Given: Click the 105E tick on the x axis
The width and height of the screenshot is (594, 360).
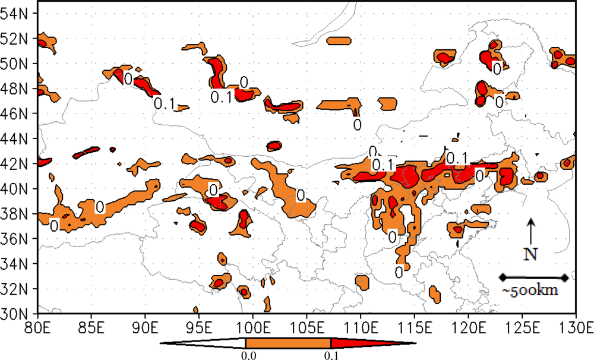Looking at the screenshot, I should tap(307, 326).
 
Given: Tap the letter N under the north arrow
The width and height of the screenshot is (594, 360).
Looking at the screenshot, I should tap(530, 254).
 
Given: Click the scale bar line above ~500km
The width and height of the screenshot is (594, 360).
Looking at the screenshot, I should tap(534, 277).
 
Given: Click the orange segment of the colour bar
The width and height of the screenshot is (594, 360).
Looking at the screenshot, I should tap(288, 343).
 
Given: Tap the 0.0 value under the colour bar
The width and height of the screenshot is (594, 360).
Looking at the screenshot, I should tap(246, 354).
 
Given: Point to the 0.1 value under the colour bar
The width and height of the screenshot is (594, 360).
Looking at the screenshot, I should tap(330, 354).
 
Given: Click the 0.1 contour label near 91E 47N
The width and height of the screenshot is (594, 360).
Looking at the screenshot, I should tap(164, 104).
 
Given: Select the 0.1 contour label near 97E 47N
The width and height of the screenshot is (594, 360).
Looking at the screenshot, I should tap(221, 97).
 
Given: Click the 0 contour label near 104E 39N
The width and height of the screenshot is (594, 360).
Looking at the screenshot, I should tap(301, 195).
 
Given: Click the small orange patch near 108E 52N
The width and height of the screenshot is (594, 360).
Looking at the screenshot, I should tap(339, 41).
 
